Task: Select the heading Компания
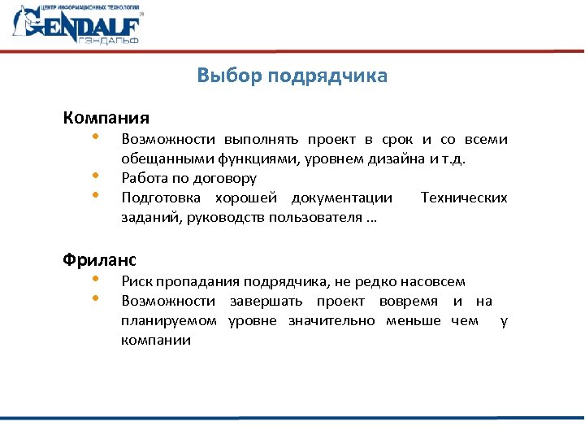point(106,117)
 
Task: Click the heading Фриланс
point(100,260)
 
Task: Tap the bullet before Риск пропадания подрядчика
point(95,279)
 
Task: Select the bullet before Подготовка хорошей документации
point(95,194)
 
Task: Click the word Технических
point(464,198)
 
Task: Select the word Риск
point(136,282)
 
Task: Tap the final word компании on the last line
point(156,341)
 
